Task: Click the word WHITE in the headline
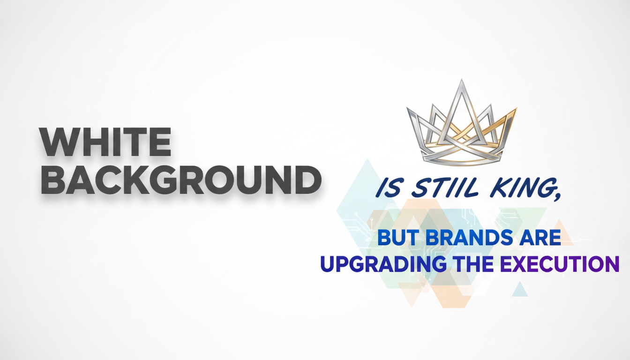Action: tap(105, 142)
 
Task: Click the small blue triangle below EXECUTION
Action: tap(519, 290)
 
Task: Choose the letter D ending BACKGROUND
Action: tap(306, 180)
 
